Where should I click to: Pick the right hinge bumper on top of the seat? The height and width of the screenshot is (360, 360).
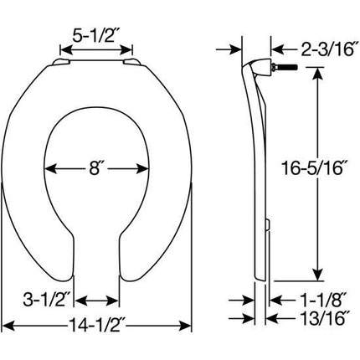pos(131,61)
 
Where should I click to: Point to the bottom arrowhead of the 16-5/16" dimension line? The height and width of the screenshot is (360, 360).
pos(316,274)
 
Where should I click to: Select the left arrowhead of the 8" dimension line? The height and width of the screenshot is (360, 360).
pos(49,168)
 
